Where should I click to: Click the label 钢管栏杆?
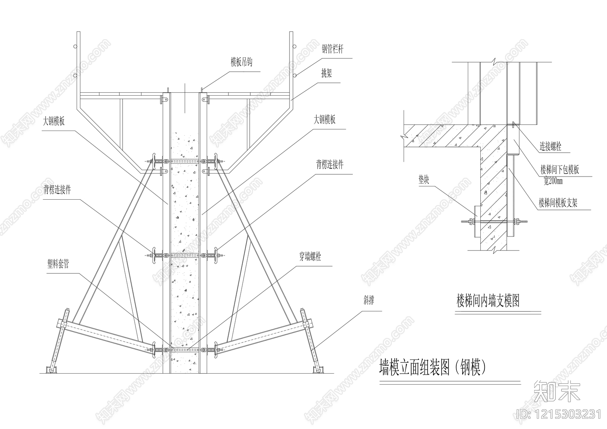(x=333, y=49)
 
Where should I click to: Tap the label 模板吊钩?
(x=241, y=62)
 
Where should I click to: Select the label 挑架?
(x=326, y=74)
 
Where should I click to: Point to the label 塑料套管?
(x=58, y=264)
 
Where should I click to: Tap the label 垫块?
(x=424, y=180)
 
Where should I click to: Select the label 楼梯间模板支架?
(x=558, y=203)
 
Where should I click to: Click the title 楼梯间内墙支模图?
(x=487, y=301)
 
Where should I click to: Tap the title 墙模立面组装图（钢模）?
(x=432, y=367)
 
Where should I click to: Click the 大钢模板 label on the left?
(x=53, y=121)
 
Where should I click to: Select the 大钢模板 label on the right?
(x=324, y=120)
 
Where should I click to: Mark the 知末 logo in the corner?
(x=557, y=391)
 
